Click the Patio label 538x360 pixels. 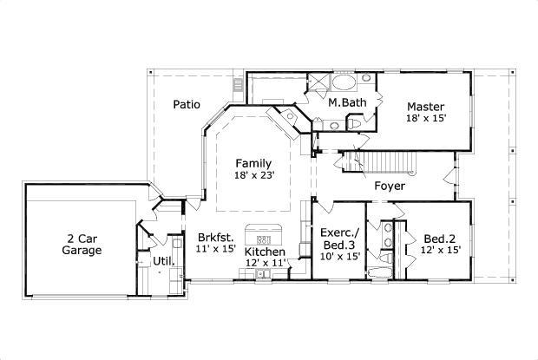[186, 104]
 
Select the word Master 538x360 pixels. [426, 107]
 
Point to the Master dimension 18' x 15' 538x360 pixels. [426, 118]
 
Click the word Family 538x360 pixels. [253, 163]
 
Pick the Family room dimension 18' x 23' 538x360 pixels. [253, 175]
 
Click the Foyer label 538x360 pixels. [390, 186]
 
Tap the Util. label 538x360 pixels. [164, 260]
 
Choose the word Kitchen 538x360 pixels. [266, 252]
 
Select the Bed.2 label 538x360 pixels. [441, 239]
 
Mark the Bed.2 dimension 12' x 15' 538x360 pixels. [441, 250]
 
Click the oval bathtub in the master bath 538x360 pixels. [346, 84]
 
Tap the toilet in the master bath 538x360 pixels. [354, 124]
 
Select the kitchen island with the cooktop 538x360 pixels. [265, 235]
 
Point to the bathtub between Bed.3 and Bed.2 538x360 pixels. [378, 272]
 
